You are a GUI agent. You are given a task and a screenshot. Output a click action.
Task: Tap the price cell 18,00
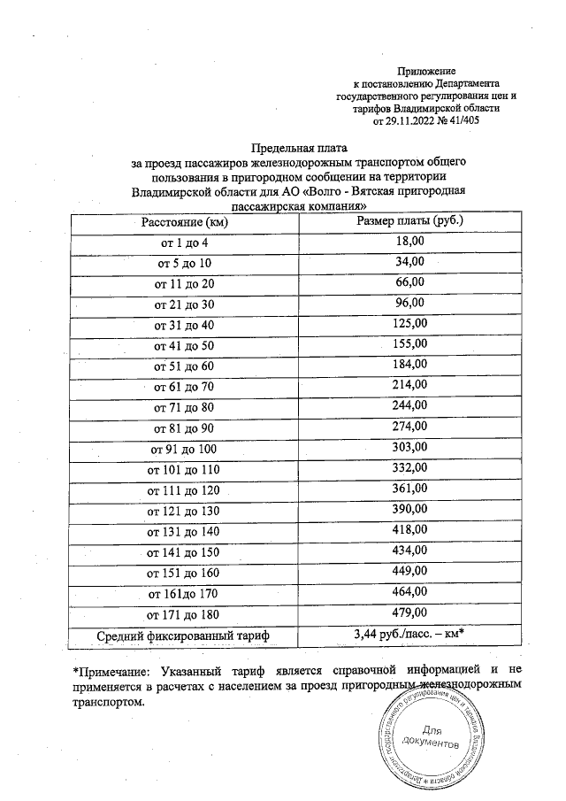[409, 241]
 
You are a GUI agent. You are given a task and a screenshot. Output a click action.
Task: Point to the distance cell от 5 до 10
[185, 264]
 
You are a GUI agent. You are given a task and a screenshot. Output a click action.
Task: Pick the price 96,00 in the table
[409, 303]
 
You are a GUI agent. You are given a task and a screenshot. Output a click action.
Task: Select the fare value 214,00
[409, 385]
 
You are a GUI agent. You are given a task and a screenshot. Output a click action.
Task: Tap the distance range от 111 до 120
[185, 489]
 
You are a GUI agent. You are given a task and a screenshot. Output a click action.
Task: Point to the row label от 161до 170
[185, 593]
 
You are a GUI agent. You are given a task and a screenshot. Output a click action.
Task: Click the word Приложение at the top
[427, 70]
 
